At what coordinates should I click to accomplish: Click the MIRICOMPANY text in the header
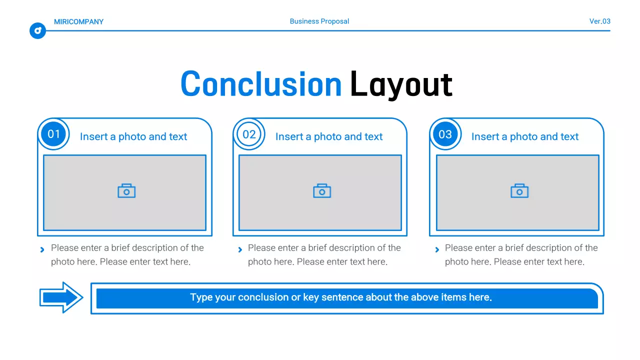click(78, 21)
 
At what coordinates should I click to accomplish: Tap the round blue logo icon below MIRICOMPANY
click(37, 31)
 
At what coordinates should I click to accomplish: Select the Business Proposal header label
click(319, 21)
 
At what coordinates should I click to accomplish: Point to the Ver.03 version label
click(599, 21)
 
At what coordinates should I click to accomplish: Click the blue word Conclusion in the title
click(261, 84)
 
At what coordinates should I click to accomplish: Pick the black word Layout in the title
click(401, 84)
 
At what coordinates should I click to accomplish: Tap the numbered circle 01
click(53, 134)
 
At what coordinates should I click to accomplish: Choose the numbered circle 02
click(249, 134)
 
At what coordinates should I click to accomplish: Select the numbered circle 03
click(445, 134)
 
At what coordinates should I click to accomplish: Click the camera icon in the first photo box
click(126, 191)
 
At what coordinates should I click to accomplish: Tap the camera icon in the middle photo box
click(322, 191)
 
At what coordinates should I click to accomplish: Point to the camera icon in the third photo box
click(519, 191)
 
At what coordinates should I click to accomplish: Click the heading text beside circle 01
click(133, 136)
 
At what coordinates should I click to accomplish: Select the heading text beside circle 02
click(329, 136)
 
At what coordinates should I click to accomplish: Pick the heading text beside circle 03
click(525, 136)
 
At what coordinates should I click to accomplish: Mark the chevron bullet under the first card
click(42, 249)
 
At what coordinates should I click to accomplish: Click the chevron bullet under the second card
click(240, 249)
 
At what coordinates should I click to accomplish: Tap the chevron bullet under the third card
click(437, 249)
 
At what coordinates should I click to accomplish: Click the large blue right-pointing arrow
click(61, 297)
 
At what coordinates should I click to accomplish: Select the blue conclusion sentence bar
click(346, 298)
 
